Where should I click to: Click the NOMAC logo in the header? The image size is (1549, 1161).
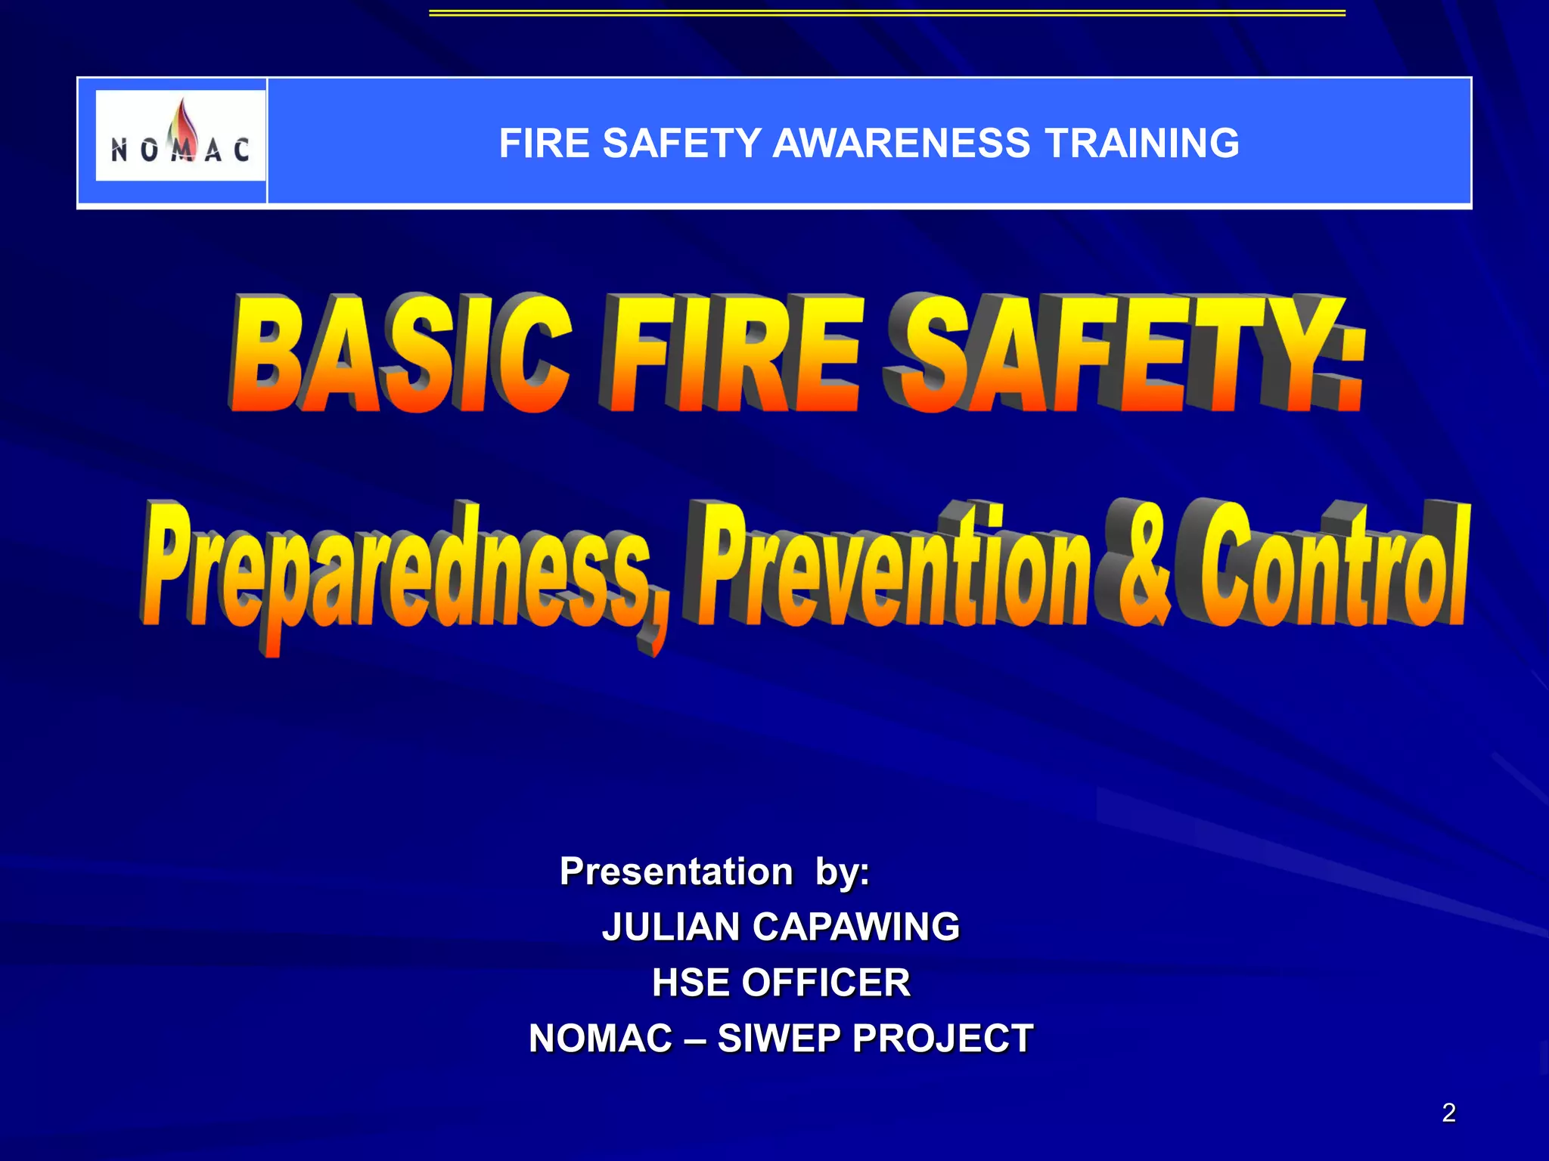pyautogui.click(x=180, y=136)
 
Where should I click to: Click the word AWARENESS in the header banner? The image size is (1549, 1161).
pyautogui.click(x=901, y=144)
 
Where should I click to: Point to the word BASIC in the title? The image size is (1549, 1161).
pyautogui.click(x=400, y=354)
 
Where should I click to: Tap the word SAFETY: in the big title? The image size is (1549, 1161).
pyautogui.click(x=1127, y=354)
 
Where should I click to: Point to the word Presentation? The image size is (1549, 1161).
pyautogui.click(x=676, y=872)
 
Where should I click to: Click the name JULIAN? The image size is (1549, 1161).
pyautogui.click(x=670, y=927)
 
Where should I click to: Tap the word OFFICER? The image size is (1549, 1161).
pyautogui.click(x=826, y=983)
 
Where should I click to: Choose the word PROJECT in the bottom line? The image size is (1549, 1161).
pyautogui.click(x=942, y=1039)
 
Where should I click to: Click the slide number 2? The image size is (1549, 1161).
pyautogui.click(x=1448, y=1113)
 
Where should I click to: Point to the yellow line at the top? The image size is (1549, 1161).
pyautogui.click(x=886, y=13)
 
